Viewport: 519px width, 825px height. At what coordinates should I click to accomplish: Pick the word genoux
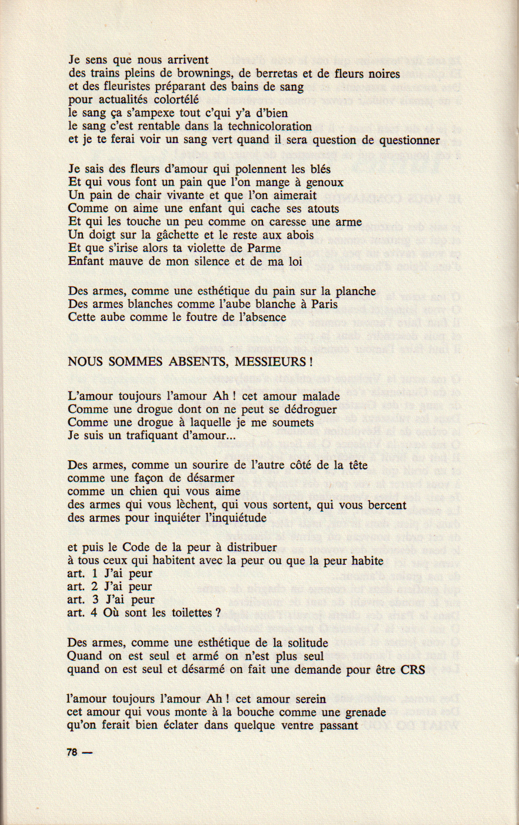tap(322, 183)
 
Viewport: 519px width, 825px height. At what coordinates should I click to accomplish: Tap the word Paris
tap(323, 304)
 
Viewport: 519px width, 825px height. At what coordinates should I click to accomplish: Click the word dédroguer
tap(309, 409)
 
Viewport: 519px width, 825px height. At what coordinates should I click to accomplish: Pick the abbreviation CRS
tap(413, 670)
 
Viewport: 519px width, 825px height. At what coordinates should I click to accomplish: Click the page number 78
tap(73, 752)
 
